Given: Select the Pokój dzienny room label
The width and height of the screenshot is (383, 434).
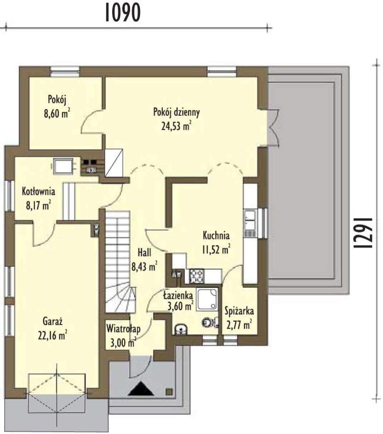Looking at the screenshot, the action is click(x=176, y=113).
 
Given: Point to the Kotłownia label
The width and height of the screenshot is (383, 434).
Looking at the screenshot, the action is click(x=39, y=191).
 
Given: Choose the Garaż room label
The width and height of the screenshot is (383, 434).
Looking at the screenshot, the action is click(x=53, y=321).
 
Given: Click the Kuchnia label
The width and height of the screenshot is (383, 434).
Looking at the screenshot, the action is click(x=216, y=235).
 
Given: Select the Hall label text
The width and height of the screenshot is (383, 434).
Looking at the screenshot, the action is click(x=144, y=253).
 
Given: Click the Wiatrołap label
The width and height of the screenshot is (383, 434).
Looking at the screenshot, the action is click(x=123, y=329).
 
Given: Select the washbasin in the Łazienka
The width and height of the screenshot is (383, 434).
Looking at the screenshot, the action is click(x=181, y=329).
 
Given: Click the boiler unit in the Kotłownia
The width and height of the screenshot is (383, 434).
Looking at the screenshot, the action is click(x=63, y=166).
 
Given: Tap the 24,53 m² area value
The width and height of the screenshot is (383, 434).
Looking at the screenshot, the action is click(x=176, y=126).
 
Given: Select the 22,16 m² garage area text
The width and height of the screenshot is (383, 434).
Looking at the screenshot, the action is click(x=53, y=335).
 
